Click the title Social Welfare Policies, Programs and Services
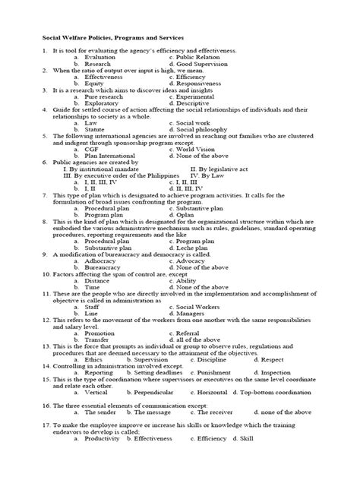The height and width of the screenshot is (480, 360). coord(116,35)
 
